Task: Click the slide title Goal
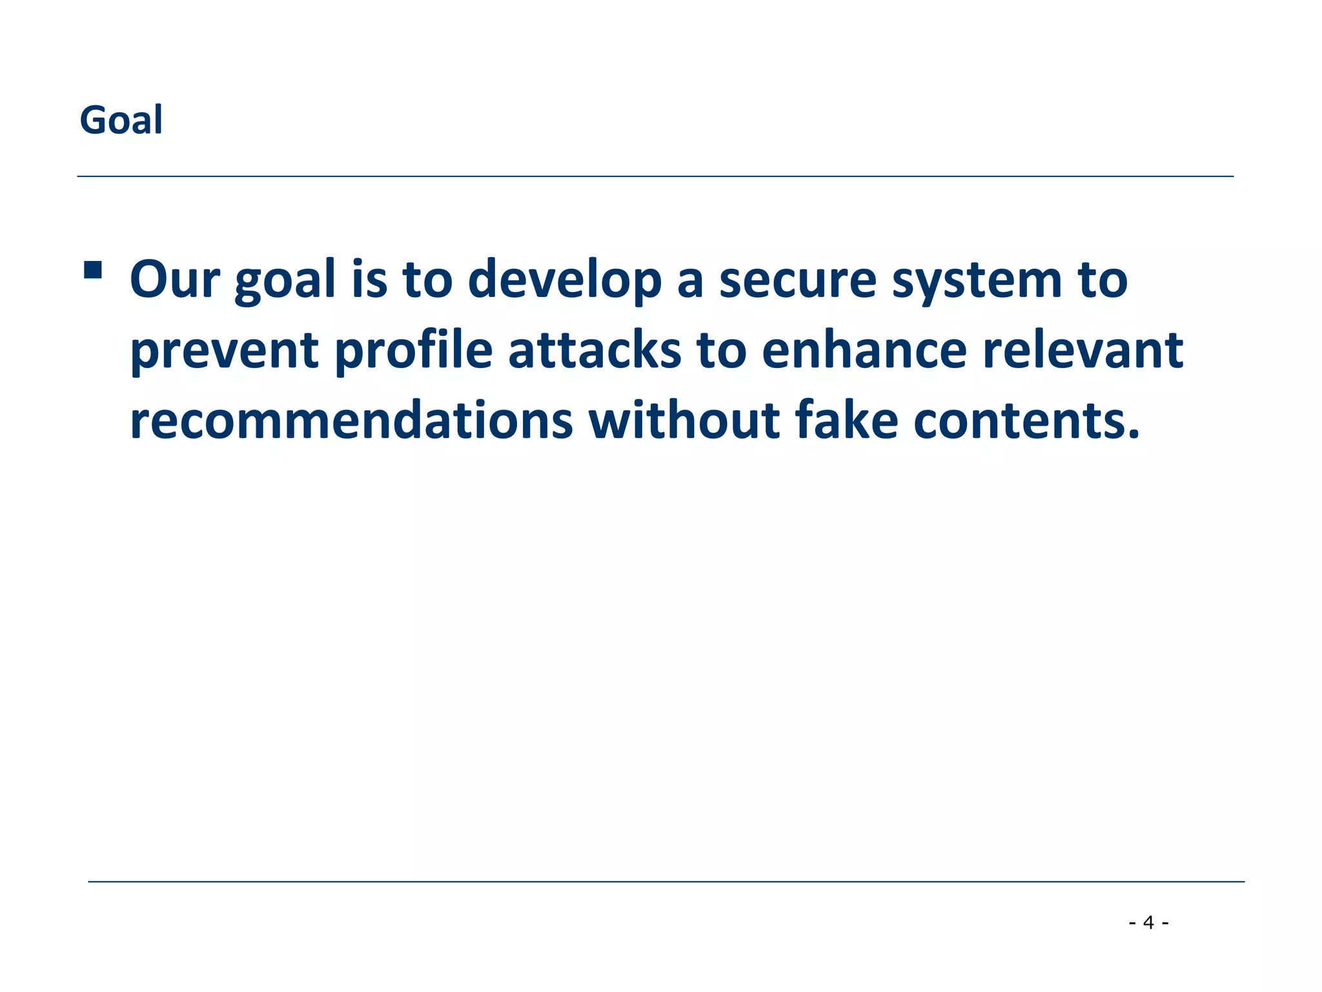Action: (121, 120)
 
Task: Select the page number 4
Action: (1148, 922)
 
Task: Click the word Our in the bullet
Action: (175, 280)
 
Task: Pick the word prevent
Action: (225, 351)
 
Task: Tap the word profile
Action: (414, 351)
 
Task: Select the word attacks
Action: (595, 350)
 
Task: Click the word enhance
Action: (864, 350)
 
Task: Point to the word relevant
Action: (1083, 350)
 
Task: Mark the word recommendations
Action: (351, 420)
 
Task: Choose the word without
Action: (684, 420)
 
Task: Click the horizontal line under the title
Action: (655, 176)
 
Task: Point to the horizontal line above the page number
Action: (666, 881)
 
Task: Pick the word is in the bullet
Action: (369, 280)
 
